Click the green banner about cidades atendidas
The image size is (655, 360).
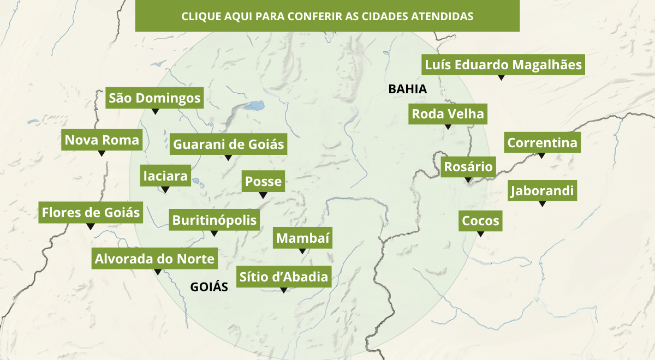(327, 16)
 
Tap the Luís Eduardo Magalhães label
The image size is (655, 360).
(503, 65)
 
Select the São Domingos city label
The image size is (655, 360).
(155, 98)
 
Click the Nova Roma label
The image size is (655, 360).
(102, 140)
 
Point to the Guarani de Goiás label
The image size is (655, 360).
(229, 145)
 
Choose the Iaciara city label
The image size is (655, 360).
(165, 176)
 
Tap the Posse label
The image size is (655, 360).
(263, 182)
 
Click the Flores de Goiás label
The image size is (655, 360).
(91, 212)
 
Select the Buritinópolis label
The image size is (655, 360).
(214, 220)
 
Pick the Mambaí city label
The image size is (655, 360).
(302, 238)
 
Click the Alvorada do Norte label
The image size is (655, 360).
(155, 259)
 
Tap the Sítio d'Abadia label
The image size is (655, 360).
(284, 277)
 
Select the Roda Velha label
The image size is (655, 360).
(448, 114)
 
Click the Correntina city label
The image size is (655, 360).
(542, 143)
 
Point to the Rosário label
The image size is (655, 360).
(468, 167)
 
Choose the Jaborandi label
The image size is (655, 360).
(542, 191)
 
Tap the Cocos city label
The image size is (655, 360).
(480, 221)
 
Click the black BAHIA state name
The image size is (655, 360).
(407, 89)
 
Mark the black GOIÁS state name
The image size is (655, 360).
(209, 287)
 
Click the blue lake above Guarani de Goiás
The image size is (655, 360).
(254, 105)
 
